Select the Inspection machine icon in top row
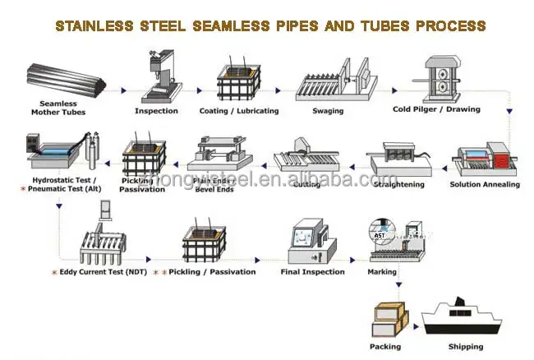pos(155,78)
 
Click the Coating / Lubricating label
pos(239,111)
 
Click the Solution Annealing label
pos(485,185)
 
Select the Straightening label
pos(397,185)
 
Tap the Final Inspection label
pos(312,272)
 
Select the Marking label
pos(382,272)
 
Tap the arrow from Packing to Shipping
pos(416,321)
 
